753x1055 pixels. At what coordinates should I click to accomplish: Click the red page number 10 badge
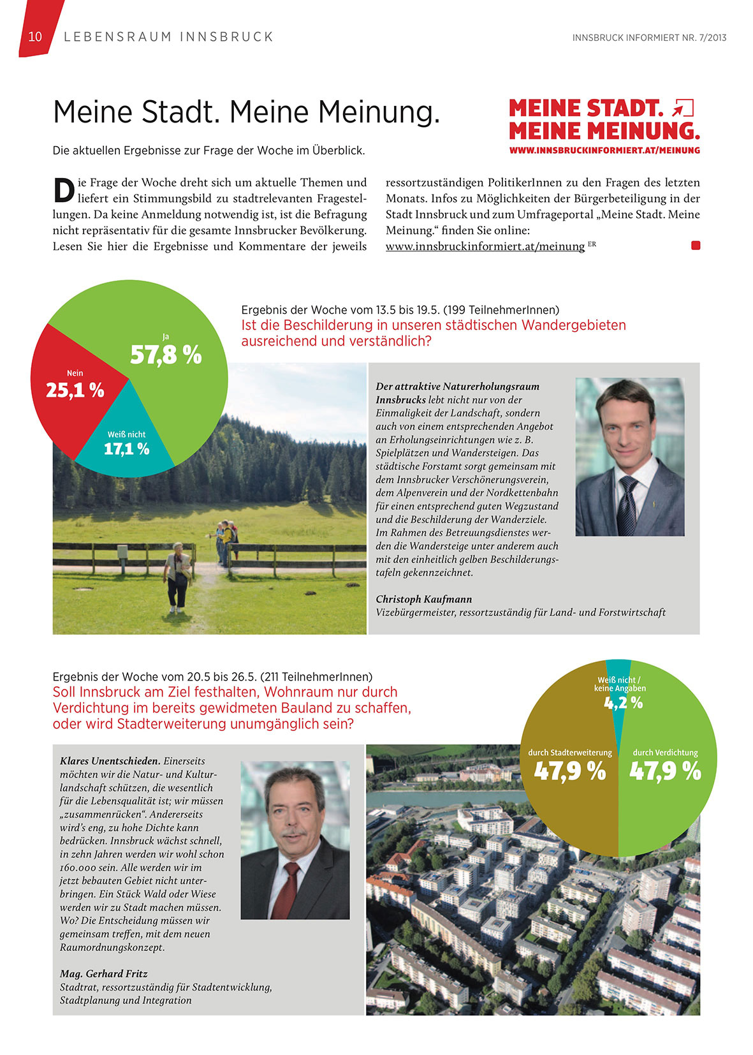(x=36, y=36)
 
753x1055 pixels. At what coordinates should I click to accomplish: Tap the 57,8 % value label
(x=166, y=355)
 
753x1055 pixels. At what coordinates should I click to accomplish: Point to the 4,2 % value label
(x=623, y=703)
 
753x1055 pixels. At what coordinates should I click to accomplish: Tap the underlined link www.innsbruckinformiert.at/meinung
(x=485, y=246)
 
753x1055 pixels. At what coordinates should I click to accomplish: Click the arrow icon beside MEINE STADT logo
(x=683, y=108)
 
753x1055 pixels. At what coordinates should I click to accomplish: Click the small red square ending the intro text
(x=696, y=246)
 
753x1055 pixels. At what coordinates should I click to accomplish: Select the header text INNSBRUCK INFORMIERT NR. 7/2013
(x=649, y=38)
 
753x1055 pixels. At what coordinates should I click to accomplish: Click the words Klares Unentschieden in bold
(x=110, y=761)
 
